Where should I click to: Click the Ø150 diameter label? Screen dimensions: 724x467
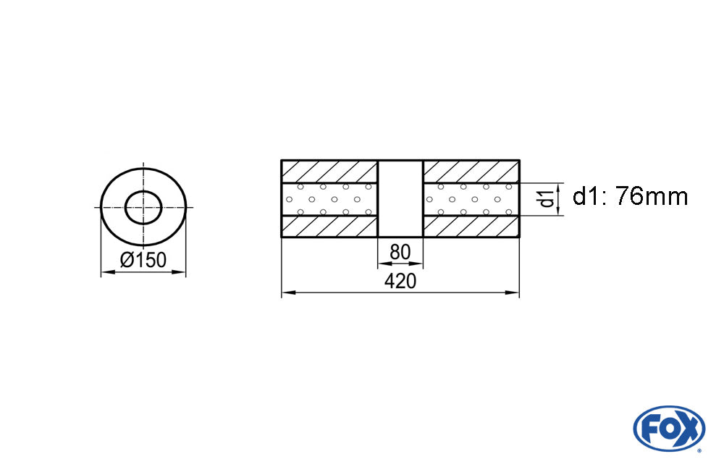pyautogui.click(x=143, y=260)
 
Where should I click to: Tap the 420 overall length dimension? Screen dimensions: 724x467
pyautogui.click(x=400, y=281)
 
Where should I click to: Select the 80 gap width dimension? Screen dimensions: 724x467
pyautogui.click(x=400, y=252)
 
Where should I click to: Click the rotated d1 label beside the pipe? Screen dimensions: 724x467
pyautogui.click(x=547, y=196)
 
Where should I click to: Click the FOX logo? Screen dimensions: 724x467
pyautogui.click(x=669, y=428)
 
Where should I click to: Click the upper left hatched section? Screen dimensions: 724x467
pyautogui.click(x=329, y=172)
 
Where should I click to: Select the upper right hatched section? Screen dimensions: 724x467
pyautogui.click(x=471, y=172)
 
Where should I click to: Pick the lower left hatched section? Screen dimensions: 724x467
pyautogui.click(x=329, y=227)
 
